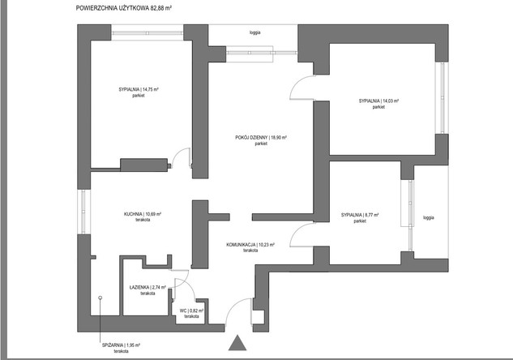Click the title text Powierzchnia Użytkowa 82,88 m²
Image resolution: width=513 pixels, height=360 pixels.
click(x=124, y=8)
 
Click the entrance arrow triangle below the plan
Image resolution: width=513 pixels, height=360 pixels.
click(x=237, y=343)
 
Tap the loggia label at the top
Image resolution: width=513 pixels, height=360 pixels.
click(x=254, y=32)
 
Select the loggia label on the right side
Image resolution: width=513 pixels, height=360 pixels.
click(x=428, y=217)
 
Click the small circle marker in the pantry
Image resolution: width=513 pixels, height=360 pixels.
click(x=100, y=298)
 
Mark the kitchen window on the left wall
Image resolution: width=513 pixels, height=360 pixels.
click(x=83, y=212)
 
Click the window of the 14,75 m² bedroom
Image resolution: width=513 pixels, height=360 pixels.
click(x=147, y=32)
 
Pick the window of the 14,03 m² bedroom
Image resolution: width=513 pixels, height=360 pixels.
click(x=442, y=98)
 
